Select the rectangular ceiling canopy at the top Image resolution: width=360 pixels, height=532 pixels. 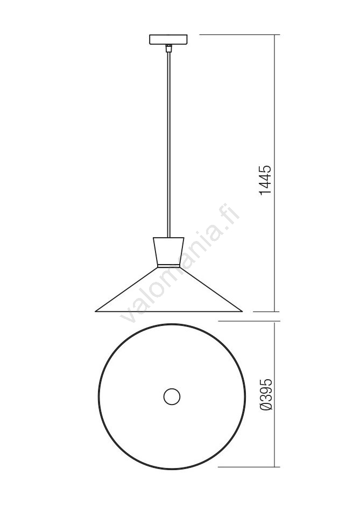click(x=168, y=39)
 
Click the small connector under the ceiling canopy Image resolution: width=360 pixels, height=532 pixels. click(x=168, y=48)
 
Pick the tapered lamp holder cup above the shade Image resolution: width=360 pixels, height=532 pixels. click(x=168, y=250)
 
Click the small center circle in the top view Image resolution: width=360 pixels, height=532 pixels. click(x=172, y=396)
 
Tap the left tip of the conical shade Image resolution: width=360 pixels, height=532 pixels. click(x=95, y=311)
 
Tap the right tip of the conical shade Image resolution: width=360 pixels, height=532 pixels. click(x=242, y=311)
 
